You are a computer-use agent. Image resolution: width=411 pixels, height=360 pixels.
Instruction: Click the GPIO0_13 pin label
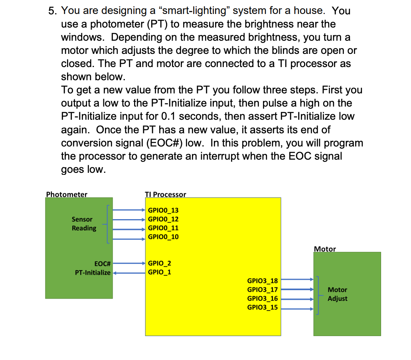pyautogui.click(x=163, y=210)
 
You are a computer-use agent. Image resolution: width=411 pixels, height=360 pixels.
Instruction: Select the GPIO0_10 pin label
pyautogui.click(x=163, y=237)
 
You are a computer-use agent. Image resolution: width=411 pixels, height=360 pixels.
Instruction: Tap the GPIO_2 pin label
pyautogui.click(x=159, y=263)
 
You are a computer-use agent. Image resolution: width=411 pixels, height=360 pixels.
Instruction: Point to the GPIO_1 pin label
pyautogui.click(x=159, y=272)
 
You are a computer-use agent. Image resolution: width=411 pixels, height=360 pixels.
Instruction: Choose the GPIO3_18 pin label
pyautogui.click(x=263, y=281)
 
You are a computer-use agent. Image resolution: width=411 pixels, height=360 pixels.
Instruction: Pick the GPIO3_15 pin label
pyautogui.click(x=263, y=307)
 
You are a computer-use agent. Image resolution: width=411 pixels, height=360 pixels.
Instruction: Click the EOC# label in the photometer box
pyautogui.click(x=102, y=264)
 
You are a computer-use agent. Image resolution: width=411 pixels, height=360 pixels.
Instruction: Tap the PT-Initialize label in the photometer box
pyautogui.click(x=93, y=273)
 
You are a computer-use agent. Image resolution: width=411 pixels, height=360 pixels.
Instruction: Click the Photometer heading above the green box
pyautogui.click(x=67, y=194)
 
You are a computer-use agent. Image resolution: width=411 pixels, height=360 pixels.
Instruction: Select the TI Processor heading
pyautogui.click(x=165, y=194)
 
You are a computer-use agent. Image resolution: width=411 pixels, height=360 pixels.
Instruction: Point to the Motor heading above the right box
pyautogui.click(x=325, y=249)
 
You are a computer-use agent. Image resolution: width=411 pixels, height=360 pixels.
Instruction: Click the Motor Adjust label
pyautogui.click(x=337, y=294)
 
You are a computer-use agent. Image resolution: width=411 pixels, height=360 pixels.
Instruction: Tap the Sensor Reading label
pyautogui.click(x=84, y=224)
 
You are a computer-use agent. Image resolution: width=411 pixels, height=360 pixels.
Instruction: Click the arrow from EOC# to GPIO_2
pyautogui.click(x=129, y=263)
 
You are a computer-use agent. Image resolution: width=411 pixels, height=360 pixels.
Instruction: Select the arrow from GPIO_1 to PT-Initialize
pyautogui.click(x=129, y=273)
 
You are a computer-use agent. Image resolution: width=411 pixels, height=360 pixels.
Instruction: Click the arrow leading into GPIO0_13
pyautogui.click(x=129, y=210)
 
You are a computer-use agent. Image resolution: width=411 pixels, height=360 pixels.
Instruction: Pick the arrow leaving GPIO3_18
pyautogui.click(x=297, y=280)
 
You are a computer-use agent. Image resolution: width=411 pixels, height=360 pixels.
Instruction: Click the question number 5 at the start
pyautogui.click(x=52, y=11)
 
